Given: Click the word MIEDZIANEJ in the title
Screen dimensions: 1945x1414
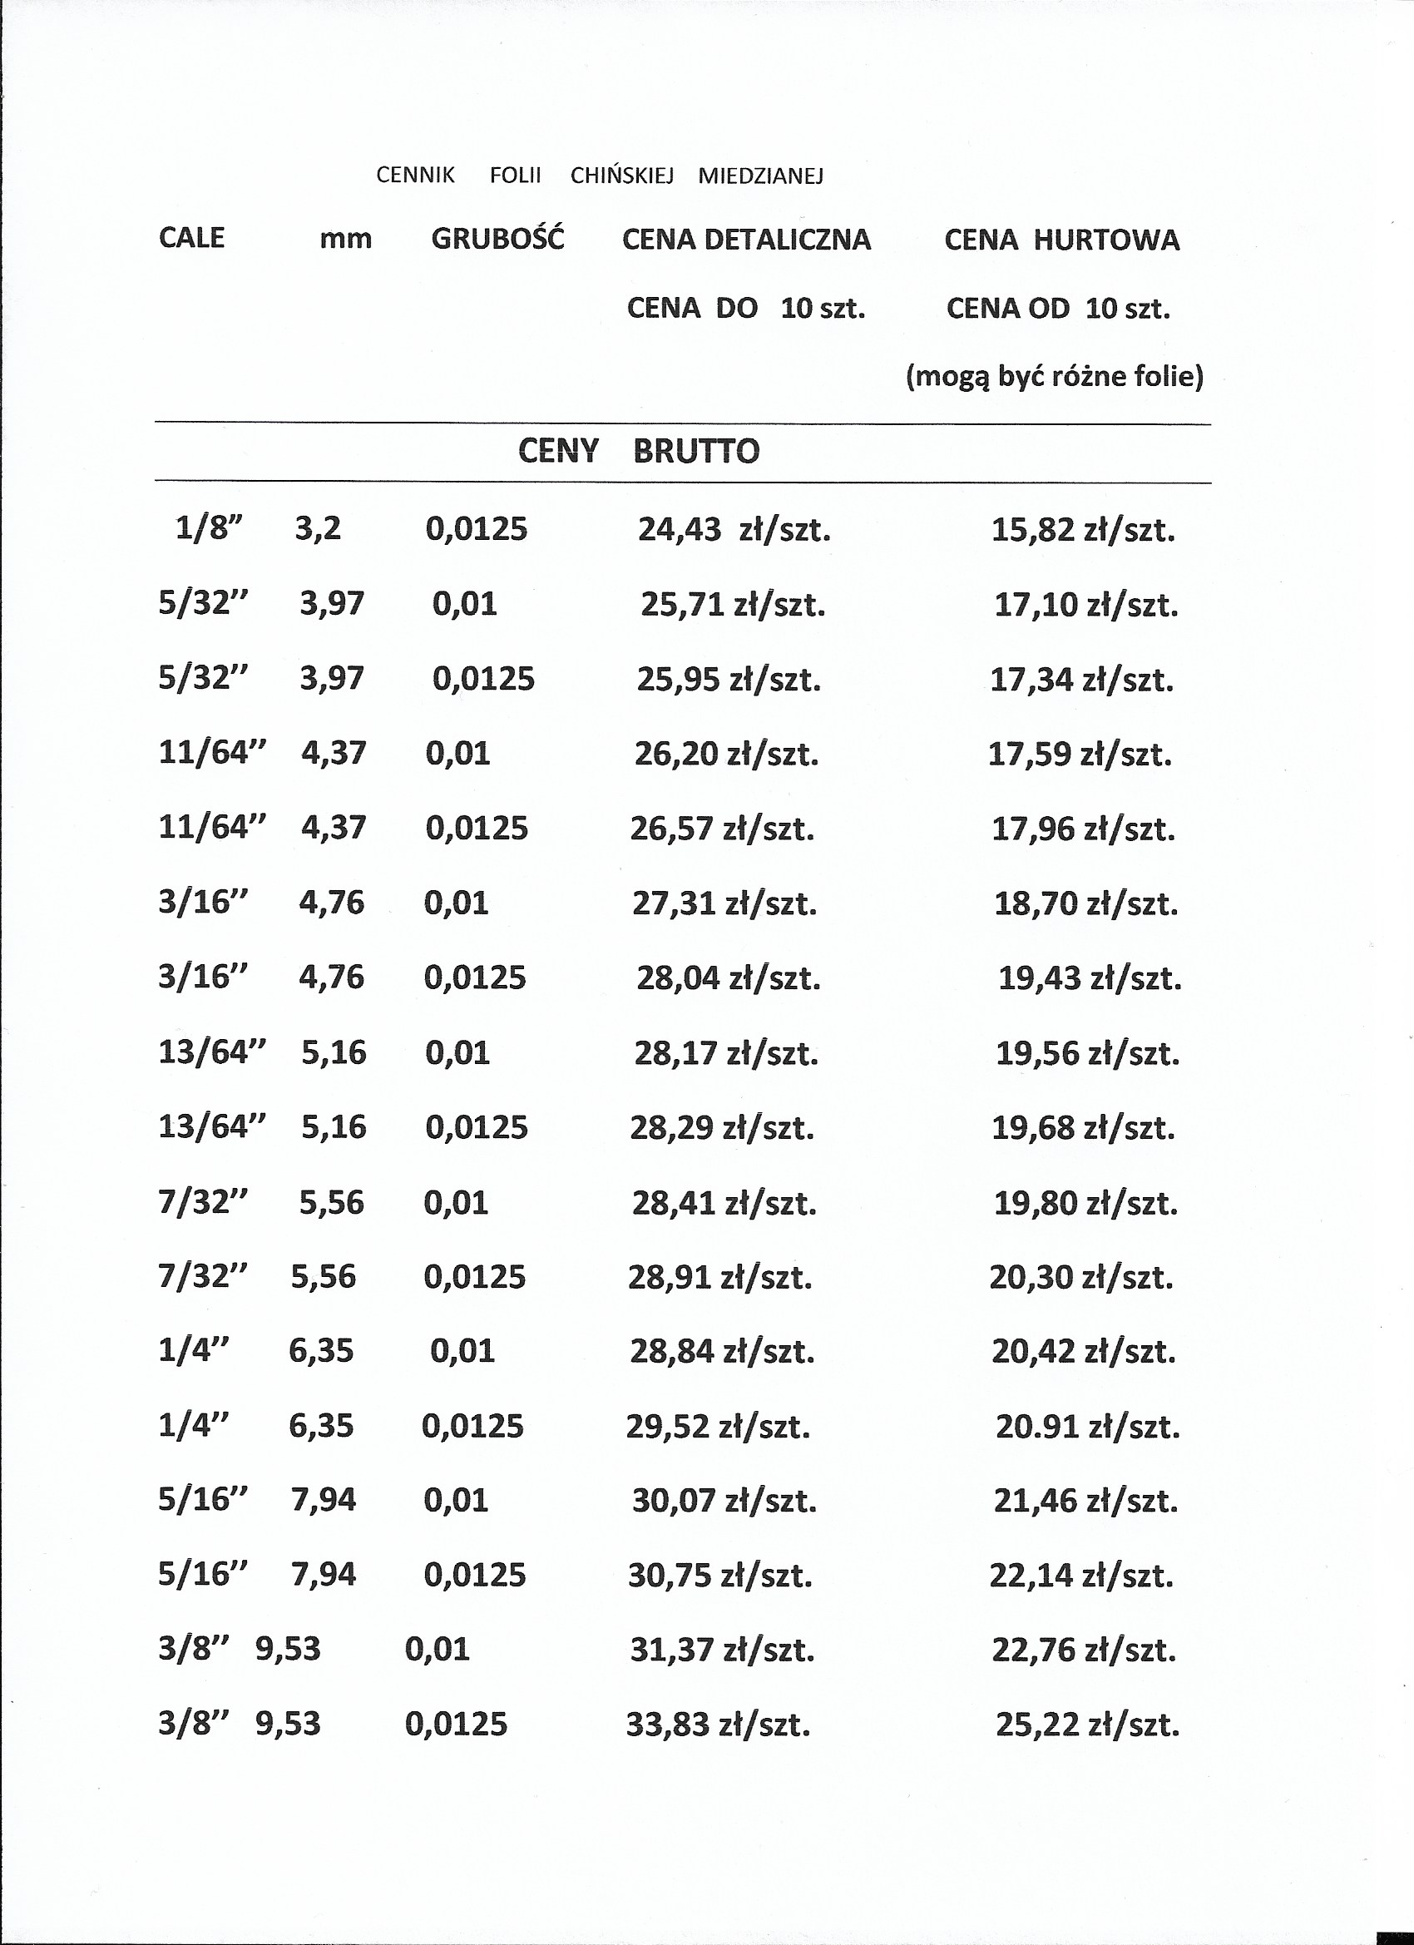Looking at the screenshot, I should click(x=760, y=176).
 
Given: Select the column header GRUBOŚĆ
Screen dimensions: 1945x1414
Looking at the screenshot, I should click(x=497, y=239).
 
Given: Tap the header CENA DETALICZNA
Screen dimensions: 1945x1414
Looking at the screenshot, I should click(x=746, y=240).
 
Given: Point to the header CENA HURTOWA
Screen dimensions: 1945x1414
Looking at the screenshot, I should click(x=1061, y=240).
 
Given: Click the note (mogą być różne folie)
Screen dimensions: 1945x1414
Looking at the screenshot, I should click(x=1055, y=377).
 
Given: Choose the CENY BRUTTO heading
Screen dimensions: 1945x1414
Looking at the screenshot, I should click(x=639, y=451).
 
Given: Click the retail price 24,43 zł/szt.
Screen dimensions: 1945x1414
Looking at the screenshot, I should click(x=734, y=530).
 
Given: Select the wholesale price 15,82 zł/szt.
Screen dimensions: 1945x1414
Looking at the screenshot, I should click(x=1083, y=530).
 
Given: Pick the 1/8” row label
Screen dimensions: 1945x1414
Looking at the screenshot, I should click(x=210, y=528).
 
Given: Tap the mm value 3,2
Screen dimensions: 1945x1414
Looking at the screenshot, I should click(x=317, y=528).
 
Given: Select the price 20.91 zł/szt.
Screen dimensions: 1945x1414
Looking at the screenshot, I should click(x=1087, y=1426).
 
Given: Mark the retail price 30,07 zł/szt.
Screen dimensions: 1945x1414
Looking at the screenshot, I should click(x=724, y=1501).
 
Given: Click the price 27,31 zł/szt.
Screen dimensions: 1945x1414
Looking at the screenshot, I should click(x=724, y=903).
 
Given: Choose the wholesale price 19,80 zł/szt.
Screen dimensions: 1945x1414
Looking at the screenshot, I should click(x=1085, y=1203).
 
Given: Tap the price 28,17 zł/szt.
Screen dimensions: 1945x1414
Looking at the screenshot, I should click(x=726, y=1053).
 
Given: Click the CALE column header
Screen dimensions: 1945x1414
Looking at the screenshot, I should click(x=191, y=238).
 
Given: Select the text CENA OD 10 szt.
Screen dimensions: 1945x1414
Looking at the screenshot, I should click(x=1058, y=308).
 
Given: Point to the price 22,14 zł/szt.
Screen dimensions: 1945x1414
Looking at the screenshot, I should click(x=1081, y=1576).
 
